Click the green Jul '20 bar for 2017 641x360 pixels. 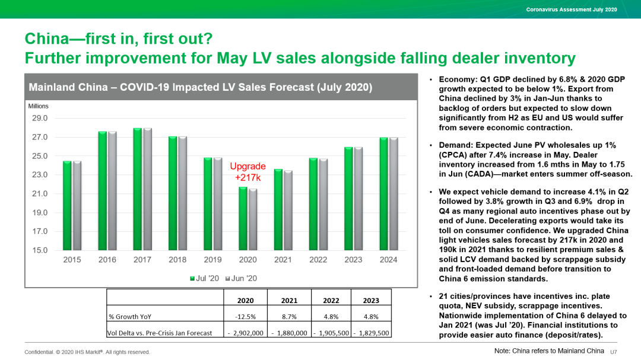[x=137, y=190]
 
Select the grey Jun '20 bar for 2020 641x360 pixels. [x=253, y=219]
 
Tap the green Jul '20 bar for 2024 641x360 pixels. [x=383, y=195]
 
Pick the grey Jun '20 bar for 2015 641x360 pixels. [x=77, y=206]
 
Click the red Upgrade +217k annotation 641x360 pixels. [x=247, y=171]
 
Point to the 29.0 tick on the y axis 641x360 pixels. [x=40, y=119]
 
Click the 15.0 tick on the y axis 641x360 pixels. [x=40, y=250]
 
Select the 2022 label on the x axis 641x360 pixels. [x=318, y=260]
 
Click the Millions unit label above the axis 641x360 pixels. [x=38, y=106]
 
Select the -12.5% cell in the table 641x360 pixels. [x=245, y=317]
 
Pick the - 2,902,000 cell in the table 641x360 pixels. [x=245, y=333]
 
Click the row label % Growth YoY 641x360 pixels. [x=128, y=317]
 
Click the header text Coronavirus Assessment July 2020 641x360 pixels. [x=572, y=9]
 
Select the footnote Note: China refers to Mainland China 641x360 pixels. [x=549, y=351]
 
